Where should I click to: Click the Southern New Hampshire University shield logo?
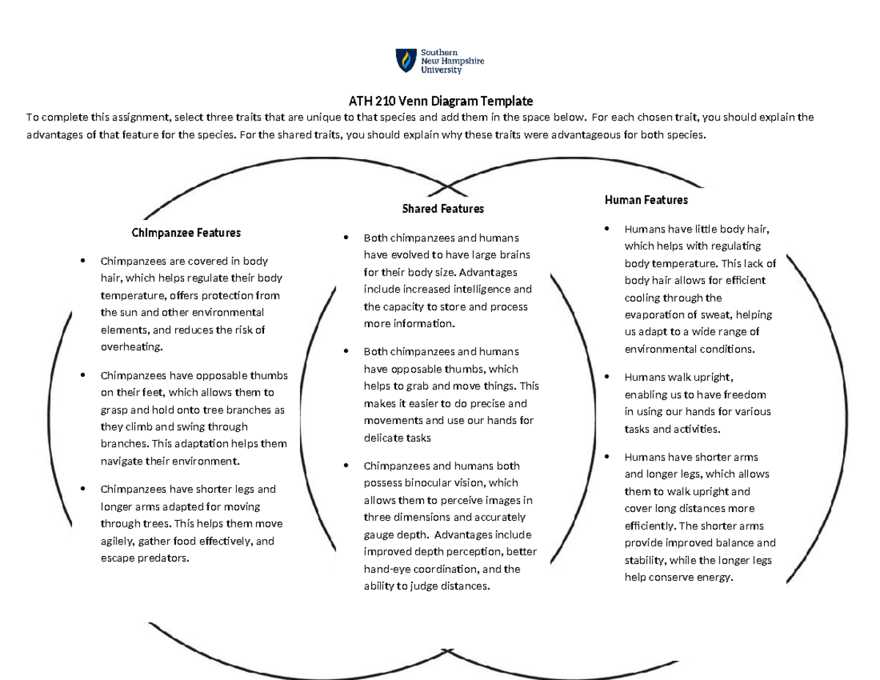tap(405, 61)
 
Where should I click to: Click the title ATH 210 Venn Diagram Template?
tap(440, 100)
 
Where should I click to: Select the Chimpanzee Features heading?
tap(186, 233)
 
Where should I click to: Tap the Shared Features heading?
tap(443, 209)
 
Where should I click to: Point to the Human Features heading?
tap(646, 200)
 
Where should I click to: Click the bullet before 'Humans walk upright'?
tap(606, 377)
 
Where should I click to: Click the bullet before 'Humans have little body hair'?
tap(606, 229)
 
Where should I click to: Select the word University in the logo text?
tap(441, 70)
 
